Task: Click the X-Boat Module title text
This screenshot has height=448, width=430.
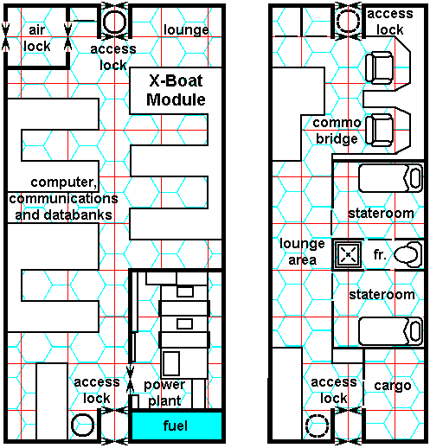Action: [x=176, y=90]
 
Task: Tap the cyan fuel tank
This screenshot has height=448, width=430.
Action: [x=176, y=426]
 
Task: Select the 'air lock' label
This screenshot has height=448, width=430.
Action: [x=37, y=38]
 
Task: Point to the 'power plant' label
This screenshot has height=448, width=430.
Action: [x=164, y=393]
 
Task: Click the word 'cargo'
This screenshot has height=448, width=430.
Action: [x=393, y=386]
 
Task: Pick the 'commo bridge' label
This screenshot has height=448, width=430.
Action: [x=337, y=131]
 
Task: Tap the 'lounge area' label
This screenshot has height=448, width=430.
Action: [x=302, y=252]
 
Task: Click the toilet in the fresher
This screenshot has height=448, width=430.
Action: [x=408, y=254]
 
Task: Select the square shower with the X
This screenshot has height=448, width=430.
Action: [x=348, y=254]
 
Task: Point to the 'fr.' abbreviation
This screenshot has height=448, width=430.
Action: [x=380, y=254]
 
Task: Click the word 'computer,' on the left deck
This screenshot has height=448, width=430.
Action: [x=64, y=182]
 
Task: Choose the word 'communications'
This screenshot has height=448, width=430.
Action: [x=63, y=198]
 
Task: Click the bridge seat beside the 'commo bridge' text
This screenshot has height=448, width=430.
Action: [x=379, y=130]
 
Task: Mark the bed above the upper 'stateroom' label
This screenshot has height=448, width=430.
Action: [x=390, y=178]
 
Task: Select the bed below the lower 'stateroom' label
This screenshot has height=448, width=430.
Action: [x=390, y=331]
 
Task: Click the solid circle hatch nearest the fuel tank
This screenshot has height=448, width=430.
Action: [x=82, y=425]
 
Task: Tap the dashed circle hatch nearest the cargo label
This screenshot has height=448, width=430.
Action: [x=317, y=426]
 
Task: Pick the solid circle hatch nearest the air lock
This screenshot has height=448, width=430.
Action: [x=115, y=22]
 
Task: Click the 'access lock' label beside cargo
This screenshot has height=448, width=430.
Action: [x=334, y=390]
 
